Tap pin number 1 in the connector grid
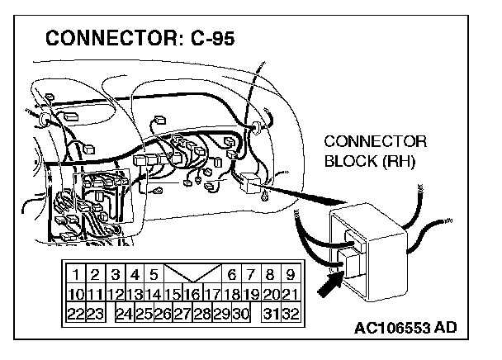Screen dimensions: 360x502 (75, 274)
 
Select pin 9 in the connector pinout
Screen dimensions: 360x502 (290, 274)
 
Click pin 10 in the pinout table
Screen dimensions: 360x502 (74, 294)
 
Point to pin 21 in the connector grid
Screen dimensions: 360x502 (290, 294)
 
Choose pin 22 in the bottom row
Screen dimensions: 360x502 (74, 313)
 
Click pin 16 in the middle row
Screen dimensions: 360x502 (192, 294)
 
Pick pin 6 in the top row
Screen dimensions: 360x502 (232, 274)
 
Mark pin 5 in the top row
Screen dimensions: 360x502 (154, 274)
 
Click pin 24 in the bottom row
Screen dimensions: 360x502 (123, 313)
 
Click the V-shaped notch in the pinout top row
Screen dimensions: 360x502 (193, 274)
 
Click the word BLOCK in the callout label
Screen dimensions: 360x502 (349, 159)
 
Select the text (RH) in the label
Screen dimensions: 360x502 (400, 159)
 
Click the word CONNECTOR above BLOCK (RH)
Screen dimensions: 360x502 (375, 140)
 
